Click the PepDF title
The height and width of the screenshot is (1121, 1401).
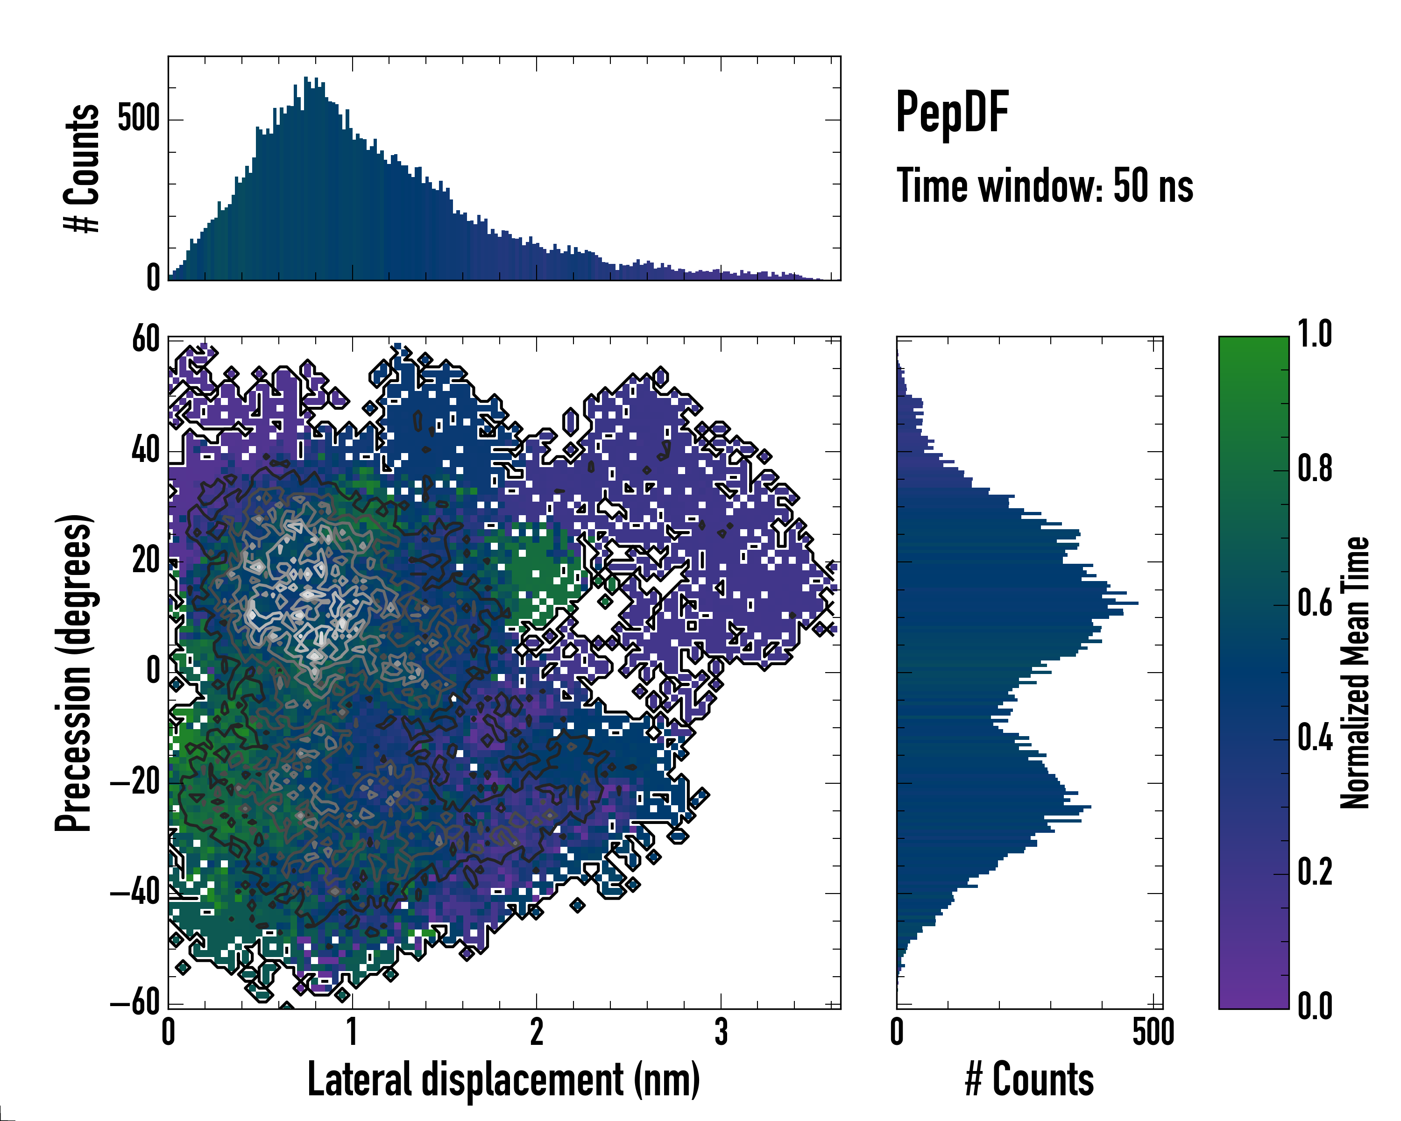(952, 112)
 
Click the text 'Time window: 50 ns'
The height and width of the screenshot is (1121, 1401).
(1044, 186)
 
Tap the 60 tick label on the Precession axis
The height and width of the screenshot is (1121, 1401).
(146, 339)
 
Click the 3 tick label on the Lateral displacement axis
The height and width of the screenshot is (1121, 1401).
(721, 1032)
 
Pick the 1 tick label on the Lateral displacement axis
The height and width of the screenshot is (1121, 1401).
(352, 1032)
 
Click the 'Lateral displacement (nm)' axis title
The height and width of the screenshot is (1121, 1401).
(503, 1079)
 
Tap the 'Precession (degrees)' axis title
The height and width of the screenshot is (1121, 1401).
(73, 673)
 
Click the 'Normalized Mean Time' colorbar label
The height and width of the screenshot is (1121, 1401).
(1355, 673)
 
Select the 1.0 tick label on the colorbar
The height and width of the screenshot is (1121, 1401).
(1315, 335)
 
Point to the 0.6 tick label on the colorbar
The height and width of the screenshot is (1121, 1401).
(1315, 603)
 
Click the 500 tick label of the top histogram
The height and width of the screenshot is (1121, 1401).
(138, 119)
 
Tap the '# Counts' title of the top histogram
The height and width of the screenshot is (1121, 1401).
(82, 168)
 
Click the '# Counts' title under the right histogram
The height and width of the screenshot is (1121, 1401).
(1029, 1079)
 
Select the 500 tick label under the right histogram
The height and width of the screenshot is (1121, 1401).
(1153, 1032)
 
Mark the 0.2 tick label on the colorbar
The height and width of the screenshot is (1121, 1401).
(1315, 872)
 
